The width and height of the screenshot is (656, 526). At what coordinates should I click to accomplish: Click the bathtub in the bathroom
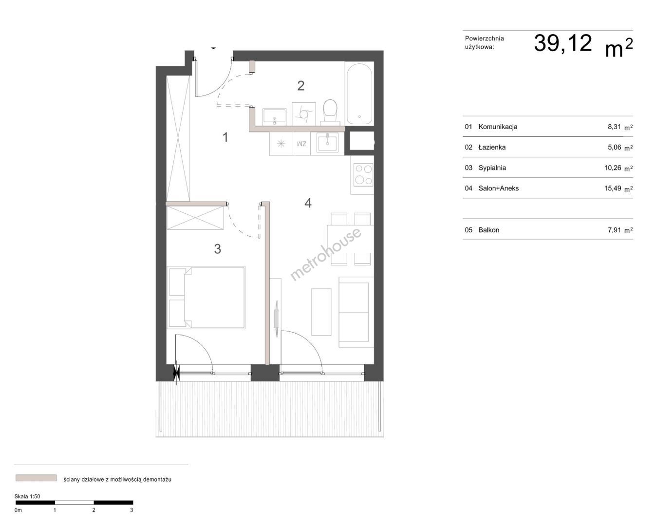(359, 94)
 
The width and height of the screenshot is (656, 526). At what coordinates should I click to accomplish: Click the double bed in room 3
(206, 298)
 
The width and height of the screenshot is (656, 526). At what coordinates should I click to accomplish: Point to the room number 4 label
(308, 203)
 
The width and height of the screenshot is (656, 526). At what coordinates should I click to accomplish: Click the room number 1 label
(225, 137)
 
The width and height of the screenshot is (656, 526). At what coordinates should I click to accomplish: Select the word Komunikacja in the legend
(498, 127)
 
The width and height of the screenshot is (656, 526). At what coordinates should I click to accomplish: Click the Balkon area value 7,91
(614, 230)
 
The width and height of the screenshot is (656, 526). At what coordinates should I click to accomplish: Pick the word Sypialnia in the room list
(492, 168)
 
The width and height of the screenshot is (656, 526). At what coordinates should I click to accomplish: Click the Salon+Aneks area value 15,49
(613, 188)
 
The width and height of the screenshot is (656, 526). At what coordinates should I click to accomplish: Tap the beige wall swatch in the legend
(36, 478)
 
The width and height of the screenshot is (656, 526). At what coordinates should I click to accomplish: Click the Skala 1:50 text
(27, 496)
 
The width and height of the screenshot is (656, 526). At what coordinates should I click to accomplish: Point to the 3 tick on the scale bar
(131, 510)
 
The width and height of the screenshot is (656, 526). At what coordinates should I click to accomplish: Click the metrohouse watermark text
(325, 254)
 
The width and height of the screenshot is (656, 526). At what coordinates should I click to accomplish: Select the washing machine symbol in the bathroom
(303, 113)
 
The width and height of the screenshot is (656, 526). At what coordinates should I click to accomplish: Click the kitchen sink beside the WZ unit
(327, 144)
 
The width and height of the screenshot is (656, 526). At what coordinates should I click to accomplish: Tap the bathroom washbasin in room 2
(274, 116)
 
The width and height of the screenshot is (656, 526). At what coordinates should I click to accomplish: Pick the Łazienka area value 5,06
(614, 147)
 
